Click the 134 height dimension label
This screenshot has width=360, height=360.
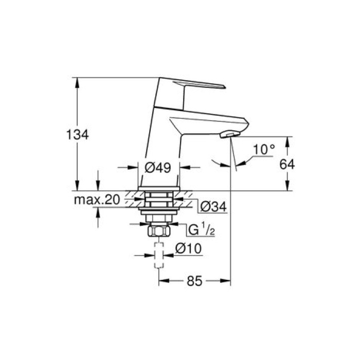pyautogui.click(x=78, y=135)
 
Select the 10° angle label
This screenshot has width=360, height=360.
pyautogui.click(x=264, y=150)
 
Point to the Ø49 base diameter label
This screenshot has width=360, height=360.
pyautogui.click(x=159, y=167)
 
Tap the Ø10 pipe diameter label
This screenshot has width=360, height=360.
pyautogui.click(x=187, y=249)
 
